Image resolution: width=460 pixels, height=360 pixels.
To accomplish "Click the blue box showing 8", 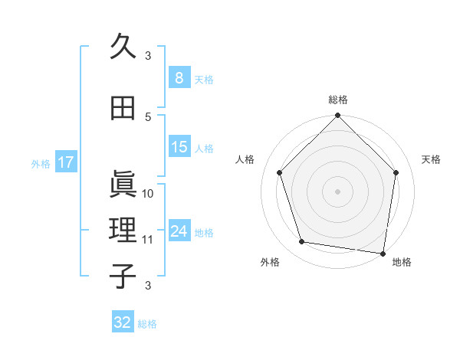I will [179, 78].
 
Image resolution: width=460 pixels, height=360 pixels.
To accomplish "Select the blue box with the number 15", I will [179, 147].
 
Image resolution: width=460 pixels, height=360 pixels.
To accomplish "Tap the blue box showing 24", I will [179, 231].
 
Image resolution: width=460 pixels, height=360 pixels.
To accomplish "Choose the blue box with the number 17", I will [66, 162].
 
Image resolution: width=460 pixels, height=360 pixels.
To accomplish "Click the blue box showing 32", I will [123, 322].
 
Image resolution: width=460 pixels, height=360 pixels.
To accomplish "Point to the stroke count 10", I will [148, 193].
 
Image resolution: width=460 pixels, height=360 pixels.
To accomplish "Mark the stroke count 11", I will [148, 240].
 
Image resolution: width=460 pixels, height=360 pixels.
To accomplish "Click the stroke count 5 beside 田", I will [148, 116].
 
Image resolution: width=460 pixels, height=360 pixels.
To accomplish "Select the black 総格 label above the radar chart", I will [338, 100].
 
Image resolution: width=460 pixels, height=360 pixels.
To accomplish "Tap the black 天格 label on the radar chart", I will [432, 159].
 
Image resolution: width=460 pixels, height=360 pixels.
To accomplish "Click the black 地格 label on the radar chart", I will [402, 262].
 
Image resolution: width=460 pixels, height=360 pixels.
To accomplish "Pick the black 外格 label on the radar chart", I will [270, 262].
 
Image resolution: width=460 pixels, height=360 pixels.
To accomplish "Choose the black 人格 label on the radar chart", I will [245, 159].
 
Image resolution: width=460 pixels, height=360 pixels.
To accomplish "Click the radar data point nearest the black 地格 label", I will [383, 253].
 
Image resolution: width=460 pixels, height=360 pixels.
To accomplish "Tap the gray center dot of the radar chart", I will [338, 191].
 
